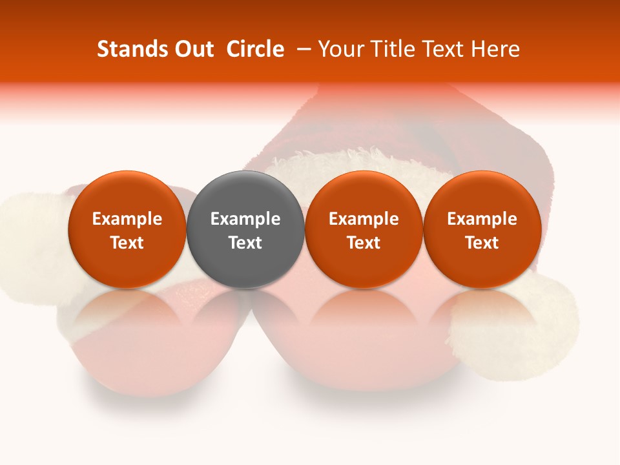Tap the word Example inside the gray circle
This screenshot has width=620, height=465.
[245, 219]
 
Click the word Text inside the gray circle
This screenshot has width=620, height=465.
[245, 243]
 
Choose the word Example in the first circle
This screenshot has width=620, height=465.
[127, 219]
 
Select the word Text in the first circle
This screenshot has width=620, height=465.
[127, 243]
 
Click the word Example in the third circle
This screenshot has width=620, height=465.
[364, 219]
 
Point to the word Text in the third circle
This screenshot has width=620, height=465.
[364, 243]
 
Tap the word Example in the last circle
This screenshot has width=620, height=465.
[482, 219]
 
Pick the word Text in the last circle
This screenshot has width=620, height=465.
[482, 243]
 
